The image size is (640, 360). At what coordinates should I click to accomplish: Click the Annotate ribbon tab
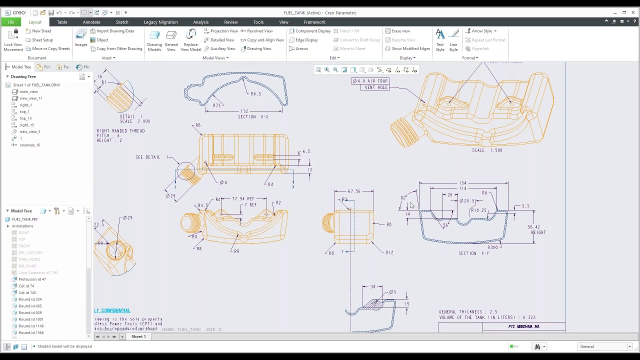click(x=91, y=22)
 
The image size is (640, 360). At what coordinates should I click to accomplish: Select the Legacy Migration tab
click(x=160, y=22)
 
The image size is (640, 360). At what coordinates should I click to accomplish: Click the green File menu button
click(x=10, y=22)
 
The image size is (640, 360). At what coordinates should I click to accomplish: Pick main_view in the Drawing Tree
click(x=28, y=91)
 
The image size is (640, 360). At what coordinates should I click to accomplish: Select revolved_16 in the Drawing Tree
click(x=30, y=145)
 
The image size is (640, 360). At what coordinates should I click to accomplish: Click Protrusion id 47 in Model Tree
click(x=32, y=279)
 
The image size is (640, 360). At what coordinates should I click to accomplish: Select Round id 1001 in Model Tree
click(x=31, y=319)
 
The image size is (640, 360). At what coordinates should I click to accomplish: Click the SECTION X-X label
click(x=253, y=117)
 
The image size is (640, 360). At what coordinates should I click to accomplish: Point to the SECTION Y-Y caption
click(x=473, y=253)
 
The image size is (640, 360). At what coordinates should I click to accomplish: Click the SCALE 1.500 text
click(x=487, y=150)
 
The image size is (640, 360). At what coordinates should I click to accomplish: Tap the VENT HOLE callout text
click(x=376, y=87)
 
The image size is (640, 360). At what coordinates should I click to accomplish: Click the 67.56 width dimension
click(x=353, y=191)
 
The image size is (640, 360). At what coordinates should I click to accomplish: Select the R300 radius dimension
click(x=493, y=247)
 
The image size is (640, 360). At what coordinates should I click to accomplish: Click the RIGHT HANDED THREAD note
click(x=120, y=131)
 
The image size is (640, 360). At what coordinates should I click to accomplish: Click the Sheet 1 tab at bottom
click(x=138, y=336)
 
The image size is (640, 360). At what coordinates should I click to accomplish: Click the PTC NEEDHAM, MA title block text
click(x=523, y=326)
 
